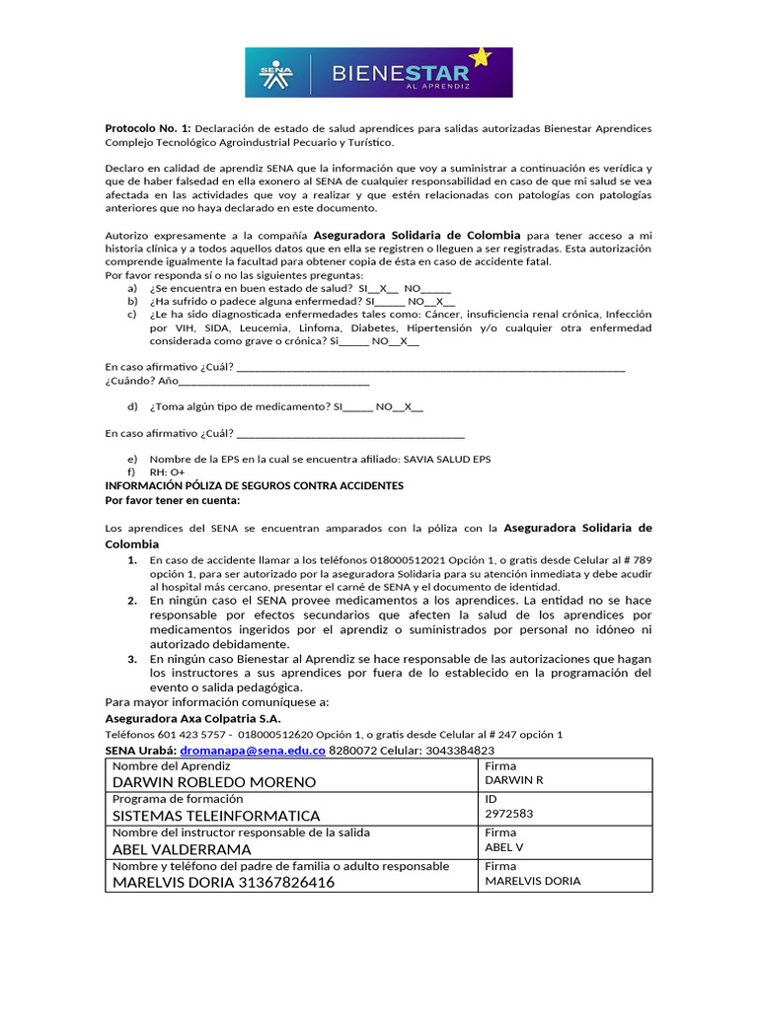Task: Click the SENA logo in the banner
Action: (276, 73)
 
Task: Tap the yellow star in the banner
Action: (480, 57)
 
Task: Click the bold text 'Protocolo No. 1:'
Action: (148, 129)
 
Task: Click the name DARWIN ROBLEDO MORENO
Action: (214, 782)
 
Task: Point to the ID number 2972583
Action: (509, 814)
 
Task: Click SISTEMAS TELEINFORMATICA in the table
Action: (216, 816)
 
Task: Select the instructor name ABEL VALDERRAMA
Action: (182, 849)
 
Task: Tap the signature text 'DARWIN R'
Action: (514, 780)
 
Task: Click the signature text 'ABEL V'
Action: (505, 847)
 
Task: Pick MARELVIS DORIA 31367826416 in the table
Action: (223, 883)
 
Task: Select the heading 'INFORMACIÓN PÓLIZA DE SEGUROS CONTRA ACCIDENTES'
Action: (254, 486)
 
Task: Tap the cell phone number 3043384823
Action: (453, 751)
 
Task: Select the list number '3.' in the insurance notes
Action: (131, 658)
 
